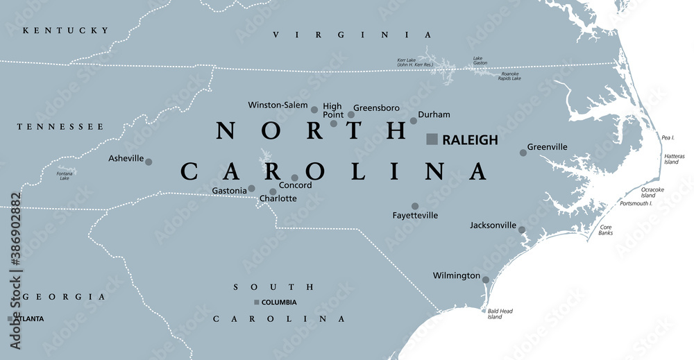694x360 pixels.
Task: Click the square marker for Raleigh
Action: click(432, 139)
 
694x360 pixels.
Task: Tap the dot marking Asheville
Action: click(149, 162)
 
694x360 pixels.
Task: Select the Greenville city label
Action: click(547, 147)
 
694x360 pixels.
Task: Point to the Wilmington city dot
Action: click(486, 280)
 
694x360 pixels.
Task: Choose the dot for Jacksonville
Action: click(522, 230)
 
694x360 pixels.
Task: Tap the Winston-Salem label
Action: click(278, 105)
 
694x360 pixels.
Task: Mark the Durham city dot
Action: click(414, 121)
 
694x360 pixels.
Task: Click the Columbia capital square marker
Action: click(257, 302)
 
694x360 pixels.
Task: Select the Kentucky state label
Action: click(66, 31)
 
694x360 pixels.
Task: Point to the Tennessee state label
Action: click(61, 127)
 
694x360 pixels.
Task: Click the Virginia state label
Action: click(352, 35)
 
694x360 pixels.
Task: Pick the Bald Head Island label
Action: click(500, 314)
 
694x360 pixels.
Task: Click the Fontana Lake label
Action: click(65, 175)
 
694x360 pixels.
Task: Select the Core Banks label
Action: click(605, 230)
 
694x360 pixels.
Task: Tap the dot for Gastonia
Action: click(251, 188)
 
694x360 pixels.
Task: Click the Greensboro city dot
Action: click(351, 114)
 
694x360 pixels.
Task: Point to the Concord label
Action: click(296, 186)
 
